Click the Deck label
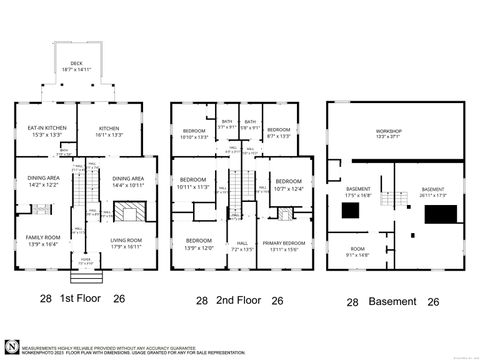pos(68,67)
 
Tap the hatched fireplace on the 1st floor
pos(126,213)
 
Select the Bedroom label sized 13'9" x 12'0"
pos(197,244)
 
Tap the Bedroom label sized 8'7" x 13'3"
pos(278,131)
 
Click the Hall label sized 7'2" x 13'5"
pos(241,245)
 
